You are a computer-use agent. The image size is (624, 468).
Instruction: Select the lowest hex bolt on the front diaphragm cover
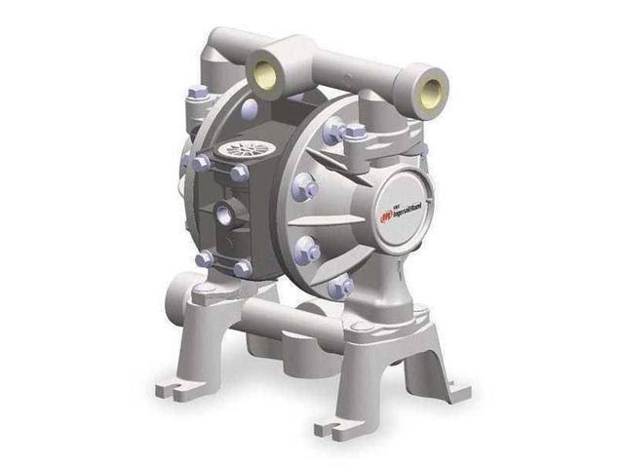coord(341,286)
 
